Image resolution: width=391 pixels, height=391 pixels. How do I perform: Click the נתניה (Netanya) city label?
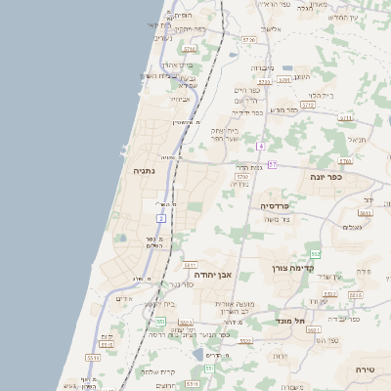[x=144, y=170]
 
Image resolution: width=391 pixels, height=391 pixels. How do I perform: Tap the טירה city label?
[x=365, y=369]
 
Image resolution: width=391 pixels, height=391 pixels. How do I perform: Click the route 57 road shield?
[x=273, y=165]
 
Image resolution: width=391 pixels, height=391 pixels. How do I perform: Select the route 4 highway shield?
[x=261, y=146]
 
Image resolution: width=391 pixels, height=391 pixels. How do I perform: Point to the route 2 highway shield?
[x=160, y=217]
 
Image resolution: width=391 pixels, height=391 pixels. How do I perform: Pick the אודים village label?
[x=124, y=298]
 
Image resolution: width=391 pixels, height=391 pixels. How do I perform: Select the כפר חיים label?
[x=245, y=89]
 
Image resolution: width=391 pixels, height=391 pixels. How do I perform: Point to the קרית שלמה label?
[x=156, y=371]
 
